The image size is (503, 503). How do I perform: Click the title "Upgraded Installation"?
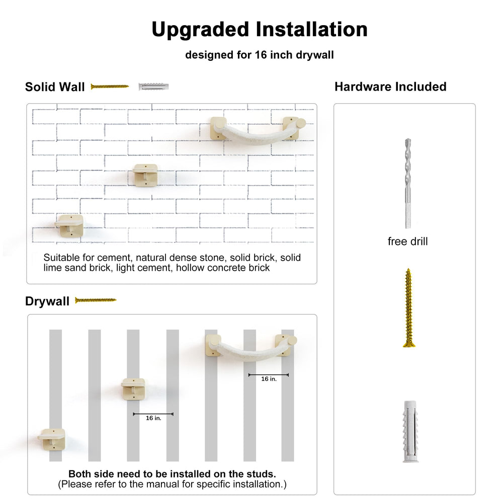click(x=259, y=30)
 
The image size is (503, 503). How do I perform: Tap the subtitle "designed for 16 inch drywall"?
click(x=259, y=55)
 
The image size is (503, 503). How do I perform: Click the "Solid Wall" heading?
click(x=55, y=87)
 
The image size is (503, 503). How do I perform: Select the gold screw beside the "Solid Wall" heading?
click(x=110, y=87)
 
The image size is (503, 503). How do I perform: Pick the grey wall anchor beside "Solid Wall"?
click(x=153, y=87)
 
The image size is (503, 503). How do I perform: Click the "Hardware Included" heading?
click(x=390, y=87)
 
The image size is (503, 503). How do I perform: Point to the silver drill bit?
click(x=408, y=184)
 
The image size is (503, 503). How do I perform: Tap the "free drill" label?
click(x=408, y=241)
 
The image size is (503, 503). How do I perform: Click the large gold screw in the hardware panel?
click(x=408, y=308)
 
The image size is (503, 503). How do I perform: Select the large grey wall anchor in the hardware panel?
click(x=410, y=431)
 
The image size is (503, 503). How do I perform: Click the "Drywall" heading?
click(x=47, y=301)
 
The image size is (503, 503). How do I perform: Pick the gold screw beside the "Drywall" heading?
click(x=96, y=300)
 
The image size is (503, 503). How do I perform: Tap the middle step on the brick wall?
click(x=146, y=175)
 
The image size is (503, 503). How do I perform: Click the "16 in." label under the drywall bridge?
click(x=269, y=379)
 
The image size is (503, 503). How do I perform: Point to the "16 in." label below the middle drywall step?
click(x=153, y=418)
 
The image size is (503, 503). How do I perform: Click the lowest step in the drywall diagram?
click(x=52, y=439)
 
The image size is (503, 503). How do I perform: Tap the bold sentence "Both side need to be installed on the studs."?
click(x=172, y=474)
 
